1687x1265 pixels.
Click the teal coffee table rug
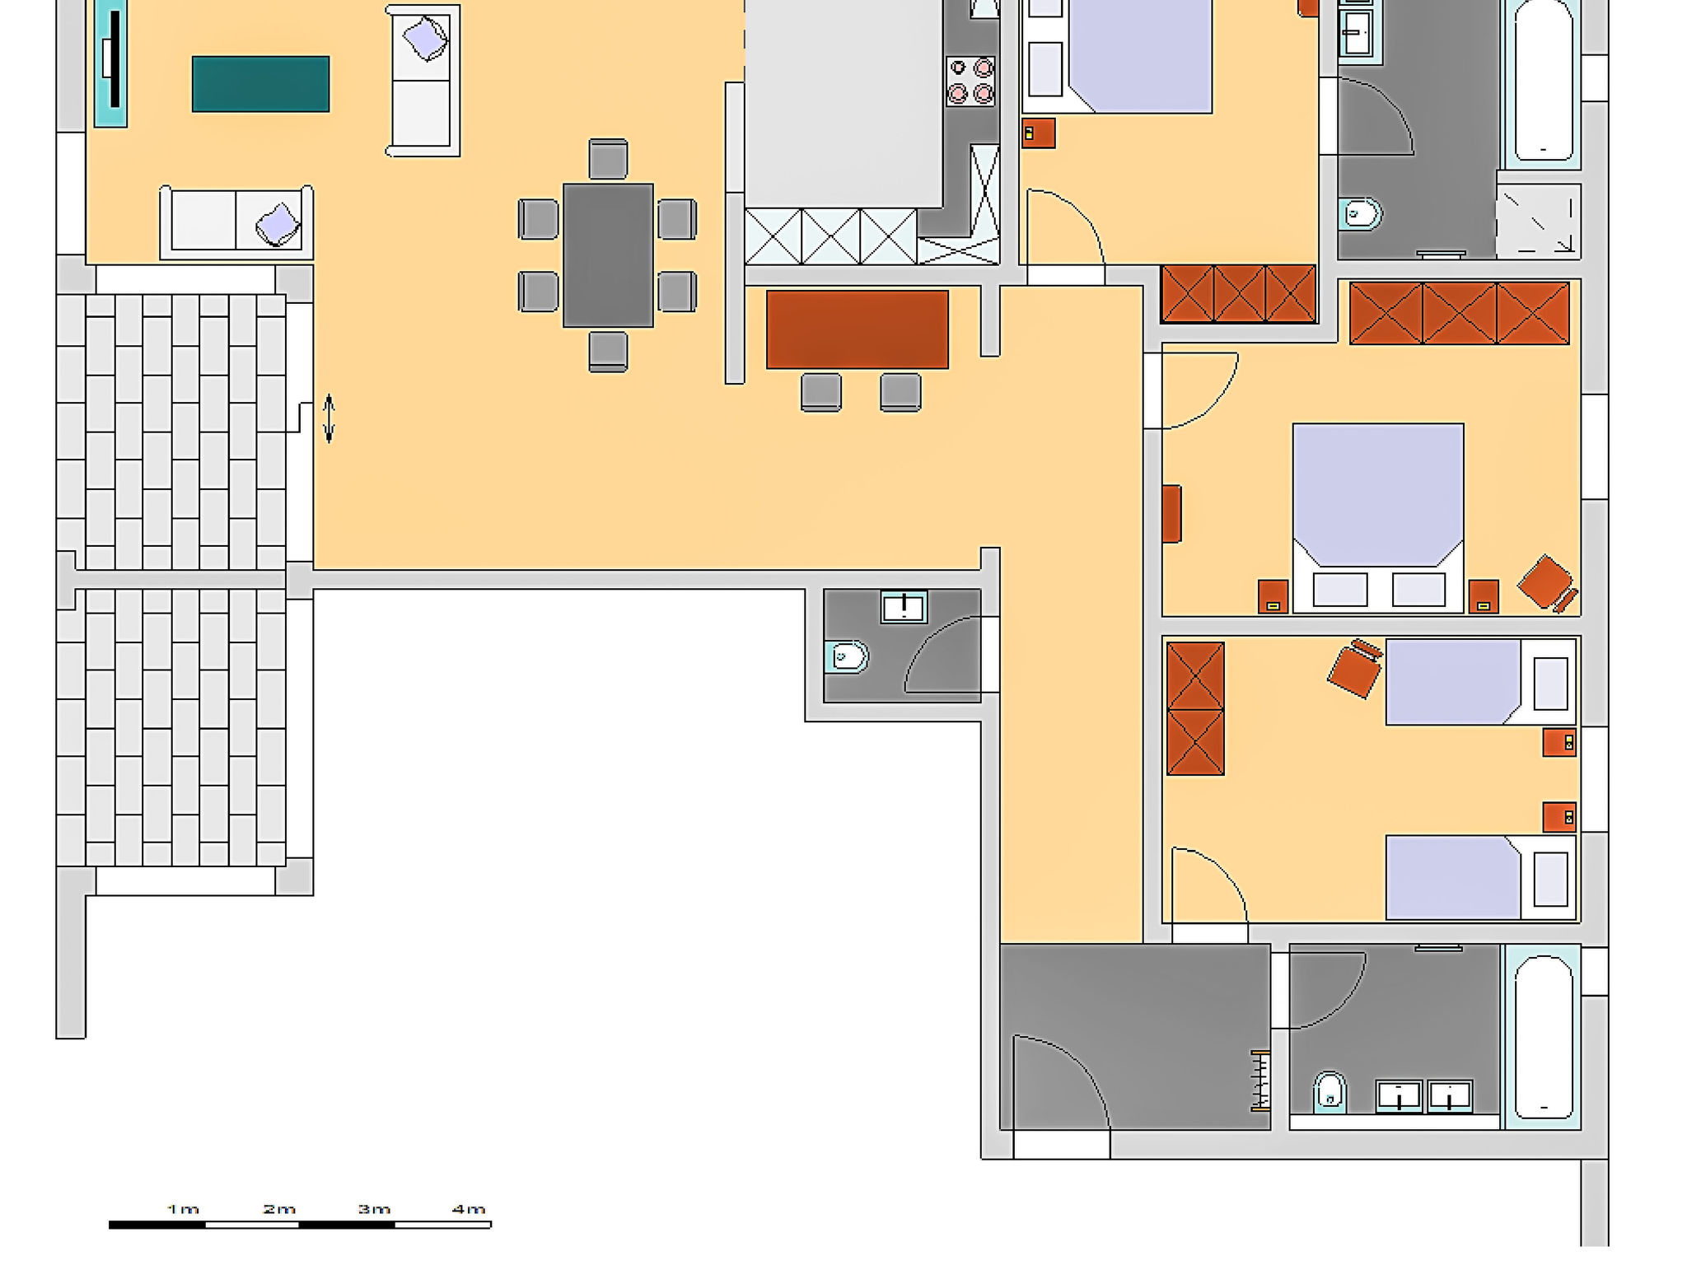click(260, 84)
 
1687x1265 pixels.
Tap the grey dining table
click(608, 255)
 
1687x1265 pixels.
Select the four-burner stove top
click(970, 81)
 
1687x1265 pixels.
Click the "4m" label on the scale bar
click(469, 1209)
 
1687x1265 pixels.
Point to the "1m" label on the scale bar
click(183, 1209)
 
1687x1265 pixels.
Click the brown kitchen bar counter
click(857, 329)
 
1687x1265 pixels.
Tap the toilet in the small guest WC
click(847, 657)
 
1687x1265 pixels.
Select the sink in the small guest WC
click(904, 607)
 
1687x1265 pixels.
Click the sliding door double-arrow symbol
click(329, 418)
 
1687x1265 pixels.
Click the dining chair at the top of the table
click(608, 159)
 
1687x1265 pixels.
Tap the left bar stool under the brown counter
click(821, 392)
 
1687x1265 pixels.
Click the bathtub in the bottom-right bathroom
click(1543, 1037)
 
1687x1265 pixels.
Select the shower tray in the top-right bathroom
click(1538, 221)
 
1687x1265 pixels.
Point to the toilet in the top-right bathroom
click(1360, 215)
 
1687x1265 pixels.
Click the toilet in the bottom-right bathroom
click(1329, 1092)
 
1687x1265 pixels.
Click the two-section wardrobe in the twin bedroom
click(1195, 708)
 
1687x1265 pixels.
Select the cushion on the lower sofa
click(278, 224)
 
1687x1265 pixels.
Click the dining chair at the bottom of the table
click(608, 352)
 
